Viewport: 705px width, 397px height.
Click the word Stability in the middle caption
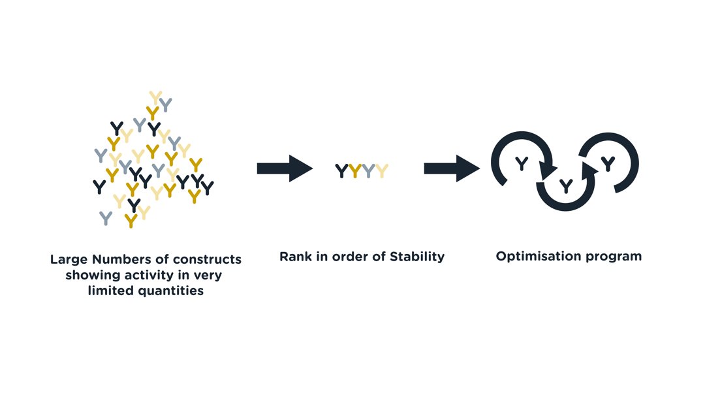click(x=416, y=257)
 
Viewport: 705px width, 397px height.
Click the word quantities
click(x=171, y=291)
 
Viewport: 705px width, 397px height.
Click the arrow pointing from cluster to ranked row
click(x=285, y=168)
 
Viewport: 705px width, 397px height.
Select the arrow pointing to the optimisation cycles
click(x=452, y=168)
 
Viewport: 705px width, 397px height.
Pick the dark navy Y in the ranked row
click(x=341, y=171)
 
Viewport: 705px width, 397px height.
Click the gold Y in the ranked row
click(x=355, y=171)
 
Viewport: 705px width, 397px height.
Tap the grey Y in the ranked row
click(x=369, y=171)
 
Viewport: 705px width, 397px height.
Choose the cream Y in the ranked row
click(x=382, y=171)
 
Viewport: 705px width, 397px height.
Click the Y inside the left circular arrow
click(x=522, y=164)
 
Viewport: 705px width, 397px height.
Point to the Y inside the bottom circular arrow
click(x=566, y=185)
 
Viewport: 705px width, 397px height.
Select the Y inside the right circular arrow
click(x=608, y=164)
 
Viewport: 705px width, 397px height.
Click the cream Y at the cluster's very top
click(x=155, y=98)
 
